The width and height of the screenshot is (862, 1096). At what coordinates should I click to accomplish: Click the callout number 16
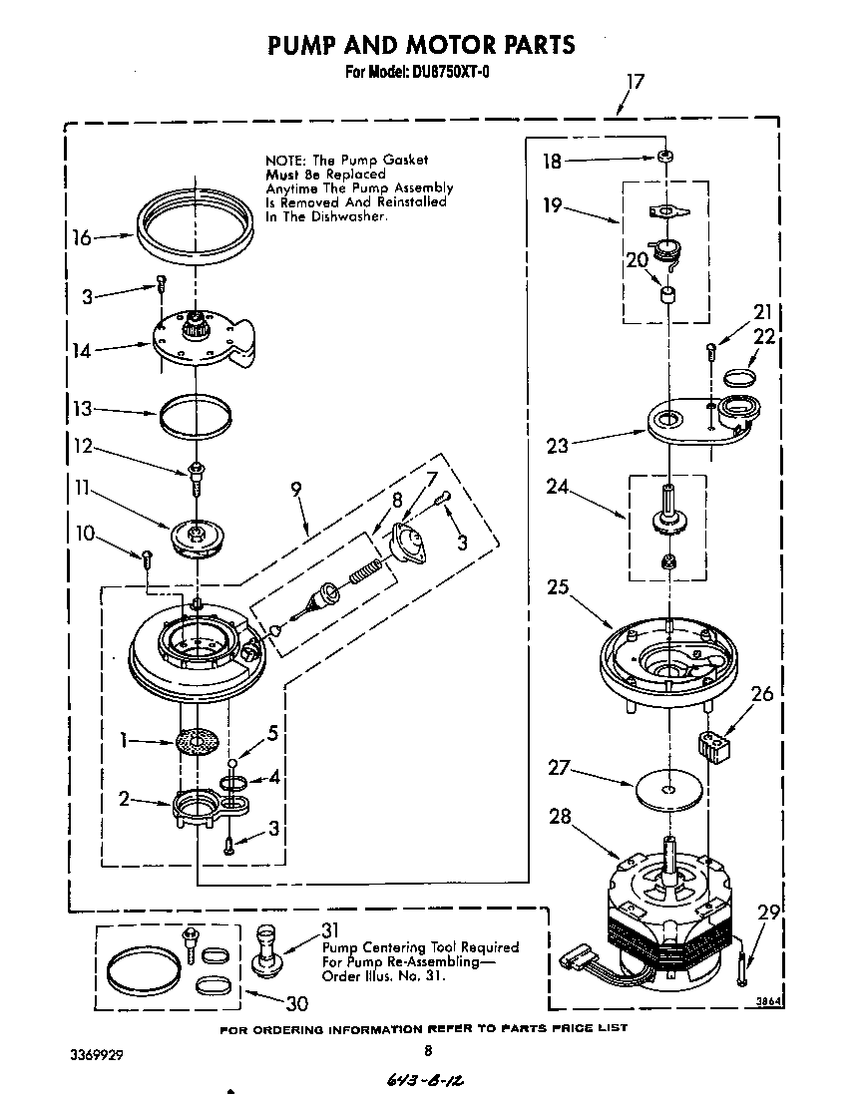[x=82, y=237]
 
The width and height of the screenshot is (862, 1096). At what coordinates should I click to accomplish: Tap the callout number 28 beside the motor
[x=562, y=817]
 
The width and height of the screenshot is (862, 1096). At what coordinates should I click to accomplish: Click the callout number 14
[x=83, y=350]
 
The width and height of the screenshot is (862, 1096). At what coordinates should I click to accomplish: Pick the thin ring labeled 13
[x=190, y=413]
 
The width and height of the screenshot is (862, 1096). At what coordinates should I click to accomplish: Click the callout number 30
[x=296, y=1003]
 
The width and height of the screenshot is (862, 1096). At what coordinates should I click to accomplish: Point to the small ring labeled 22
[x=738, y=377]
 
